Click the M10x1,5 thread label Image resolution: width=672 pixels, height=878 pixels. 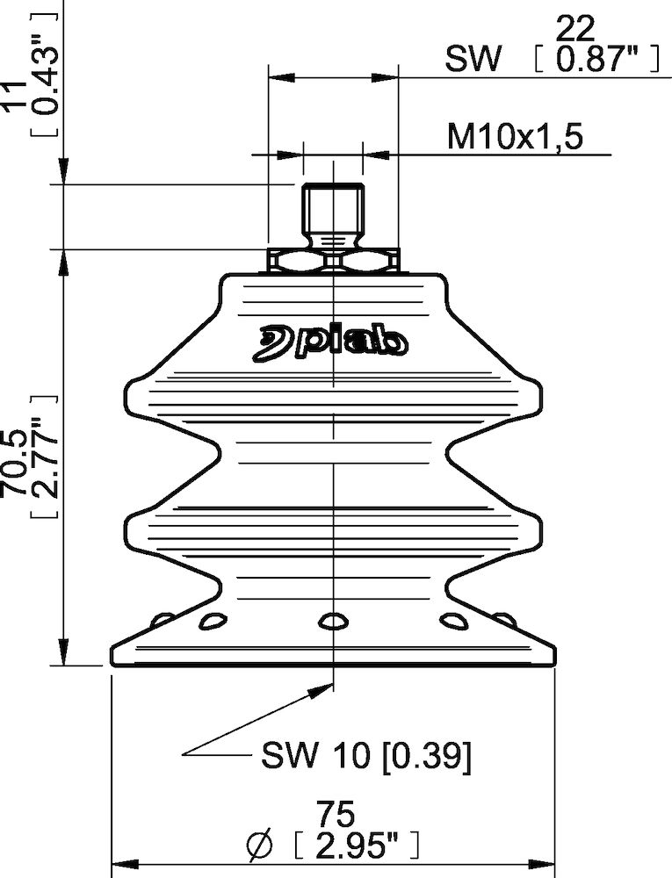(516, 137)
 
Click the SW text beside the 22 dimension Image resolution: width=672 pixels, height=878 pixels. (474, 61)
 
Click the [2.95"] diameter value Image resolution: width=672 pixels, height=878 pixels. (356, 846)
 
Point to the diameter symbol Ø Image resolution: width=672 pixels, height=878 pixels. (261, 846)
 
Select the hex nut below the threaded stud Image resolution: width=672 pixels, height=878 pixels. (333, 261)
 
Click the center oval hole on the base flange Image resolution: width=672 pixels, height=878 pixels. (333, 622)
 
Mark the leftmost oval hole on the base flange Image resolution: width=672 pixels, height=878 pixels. (161, 620)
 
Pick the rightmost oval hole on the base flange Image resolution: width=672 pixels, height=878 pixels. (504, 620)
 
